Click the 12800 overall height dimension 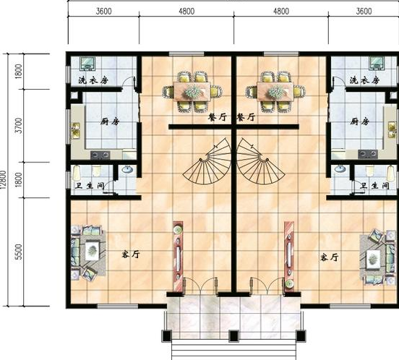coord(4,179)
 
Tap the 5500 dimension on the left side coord(19,252)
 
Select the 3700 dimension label coord(19,126)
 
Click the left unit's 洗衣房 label coord(93,81)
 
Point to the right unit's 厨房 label coord(359,121)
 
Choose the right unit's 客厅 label coord(330,257)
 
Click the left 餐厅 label coord(218,117)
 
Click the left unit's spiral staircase coord(207,161)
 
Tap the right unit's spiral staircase coord(261,161)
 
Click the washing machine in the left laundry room coord(87,64)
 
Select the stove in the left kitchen coord(100,155)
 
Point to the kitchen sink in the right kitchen coord(392,129)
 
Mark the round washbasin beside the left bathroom coord(127,169)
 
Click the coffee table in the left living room coord(92,251)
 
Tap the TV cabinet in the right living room coord(289,257)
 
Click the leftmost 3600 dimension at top coord(103,11)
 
